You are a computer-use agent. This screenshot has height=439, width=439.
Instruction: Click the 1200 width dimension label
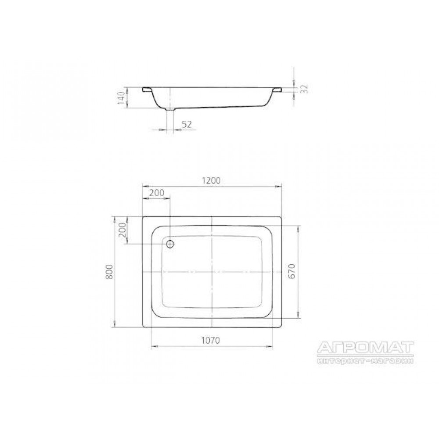(x=211, y=181)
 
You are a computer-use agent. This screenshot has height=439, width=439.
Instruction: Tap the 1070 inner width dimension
(x=211, y=340)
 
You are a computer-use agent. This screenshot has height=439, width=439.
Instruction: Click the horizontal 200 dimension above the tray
(x=157, y=193)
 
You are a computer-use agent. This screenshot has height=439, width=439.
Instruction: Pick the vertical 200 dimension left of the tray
(x=123, y=230)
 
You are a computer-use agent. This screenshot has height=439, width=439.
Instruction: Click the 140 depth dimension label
(x=121, y=98)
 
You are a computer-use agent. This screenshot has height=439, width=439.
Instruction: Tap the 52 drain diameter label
(x=187, y=124)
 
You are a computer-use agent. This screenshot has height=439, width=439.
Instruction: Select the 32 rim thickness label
(x=305, y=89)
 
